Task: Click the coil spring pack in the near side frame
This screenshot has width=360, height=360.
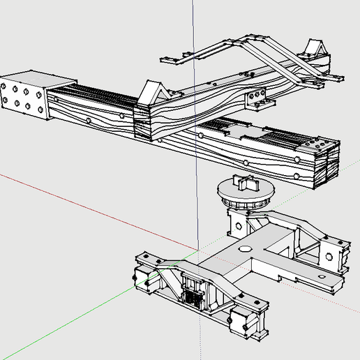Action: tap(194, 290)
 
